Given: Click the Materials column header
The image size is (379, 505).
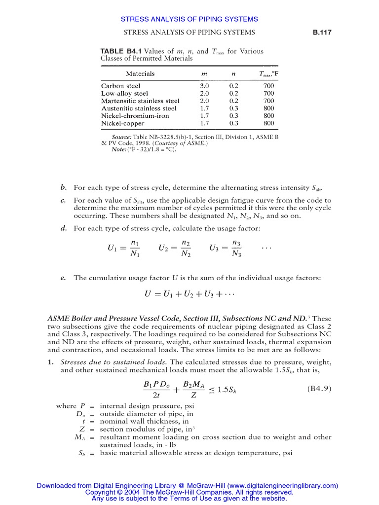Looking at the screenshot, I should pyautogui.click(x=140, y=74).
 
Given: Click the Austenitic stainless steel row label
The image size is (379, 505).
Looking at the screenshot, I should pyautogui.click(x=139, y=108).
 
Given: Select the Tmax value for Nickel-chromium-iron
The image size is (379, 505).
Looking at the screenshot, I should pyautogui.click(x=268, y=115).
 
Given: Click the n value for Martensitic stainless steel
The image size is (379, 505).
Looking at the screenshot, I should pyautogui.click(x=233, y=101).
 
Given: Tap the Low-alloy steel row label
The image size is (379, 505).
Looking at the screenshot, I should pyautogui.click(x=124, y=93).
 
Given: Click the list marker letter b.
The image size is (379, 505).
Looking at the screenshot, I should pyautogui.click(x=63, y=188).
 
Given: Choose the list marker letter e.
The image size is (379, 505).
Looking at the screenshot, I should pyautogui.click(x=63, y=278).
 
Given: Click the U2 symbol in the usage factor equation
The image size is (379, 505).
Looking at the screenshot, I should pyautogui.click(x=164, y=249).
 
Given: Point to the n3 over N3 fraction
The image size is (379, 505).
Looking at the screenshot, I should pyautogui.click(x=236, y=249).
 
